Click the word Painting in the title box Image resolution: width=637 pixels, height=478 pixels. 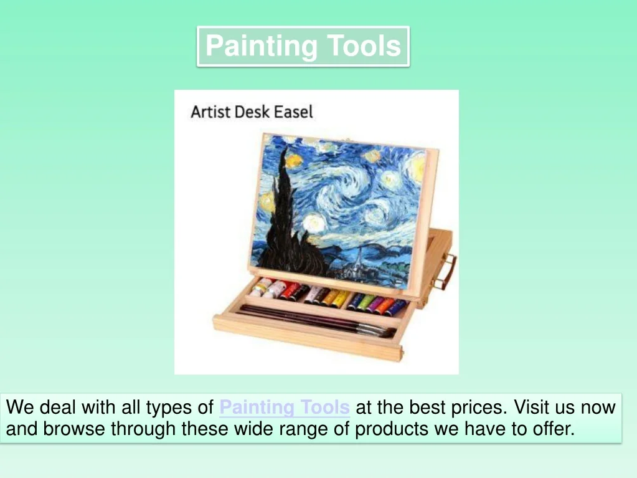(262, 46)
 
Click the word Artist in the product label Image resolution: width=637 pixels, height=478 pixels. (207, 112)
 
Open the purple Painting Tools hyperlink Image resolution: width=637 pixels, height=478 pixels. (285, 408)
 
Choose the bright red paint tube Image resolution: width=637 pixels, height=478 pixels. (291, 291)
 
